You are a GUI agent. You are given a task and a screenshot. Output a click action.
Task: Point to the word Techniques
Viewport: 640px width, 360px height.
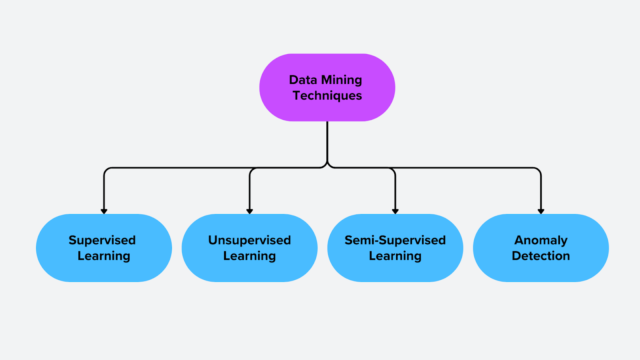click(327, 96)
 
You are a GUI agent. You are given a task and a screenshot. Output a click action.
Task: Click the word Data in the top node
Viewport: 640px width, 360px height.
click(303, 80)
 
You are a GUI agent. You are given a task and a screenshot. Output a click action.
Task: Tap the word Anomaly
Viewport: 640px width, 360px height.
click(541, 240)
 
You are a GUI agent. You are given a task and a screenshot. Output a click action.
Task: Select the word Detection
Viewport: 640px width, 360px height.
click(541, 256)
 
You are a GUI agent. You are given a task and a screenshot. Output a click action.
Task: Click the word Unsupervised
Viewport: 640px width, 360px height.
click(250, 240)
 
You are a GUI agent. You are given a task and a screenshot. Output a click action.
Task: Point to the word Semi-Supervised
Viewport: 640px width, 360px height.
click(395, 240)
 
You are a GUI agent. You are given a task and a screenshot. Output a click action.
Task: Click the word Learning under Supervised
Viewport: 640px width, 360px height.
click(104, 256)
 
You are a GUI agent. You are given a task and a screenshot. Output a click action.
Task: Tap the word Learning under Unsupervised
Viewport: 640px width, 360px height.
click(250, 256)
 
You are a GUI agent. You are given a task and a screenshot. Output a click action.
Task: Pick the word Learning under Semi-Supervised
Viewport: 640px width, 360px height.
click(395, 256)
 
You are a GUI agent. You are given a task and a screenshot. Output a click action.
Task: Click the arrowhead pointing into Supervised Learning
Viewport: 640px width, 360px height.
click(104, 211)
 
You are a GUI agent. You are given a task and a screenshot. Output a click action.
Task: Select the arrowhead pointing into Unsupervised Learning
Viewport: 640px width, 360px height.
click(250, 211)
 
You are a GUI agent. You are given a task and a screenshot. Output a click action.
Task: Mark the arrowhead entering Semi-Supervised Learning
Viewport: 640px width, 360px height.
click(395, 211)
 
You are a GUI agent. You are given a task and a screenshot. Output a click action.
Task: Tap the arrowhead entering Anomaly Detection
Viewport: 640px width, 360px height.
click(541, 211)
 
